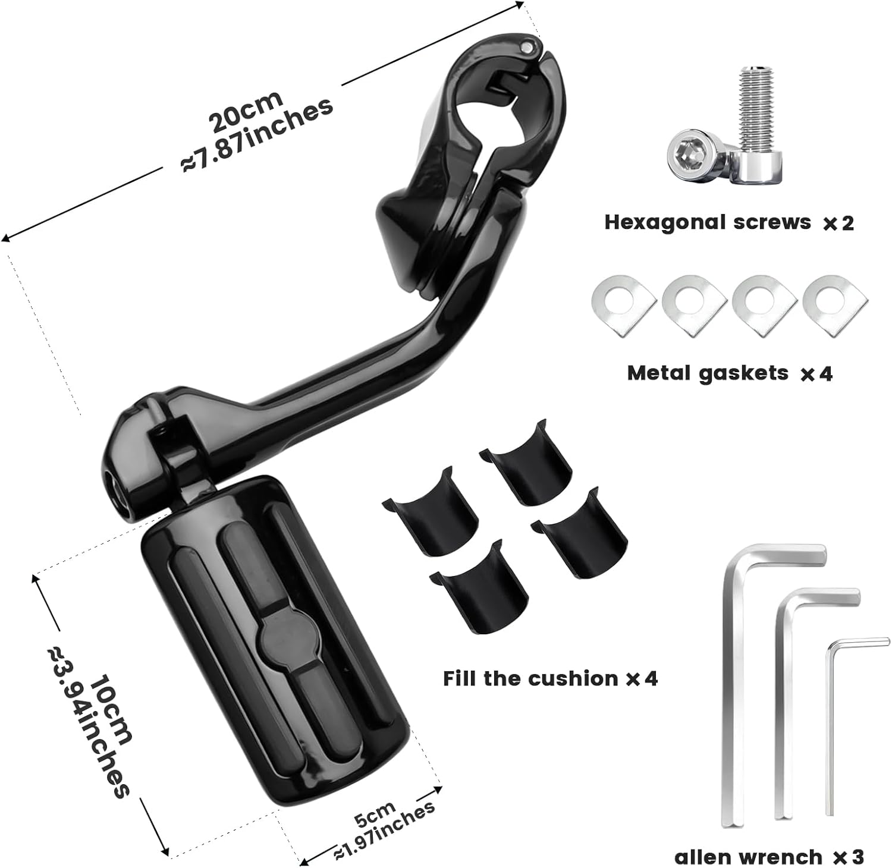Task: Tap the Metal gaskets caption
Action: [708, 373]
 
